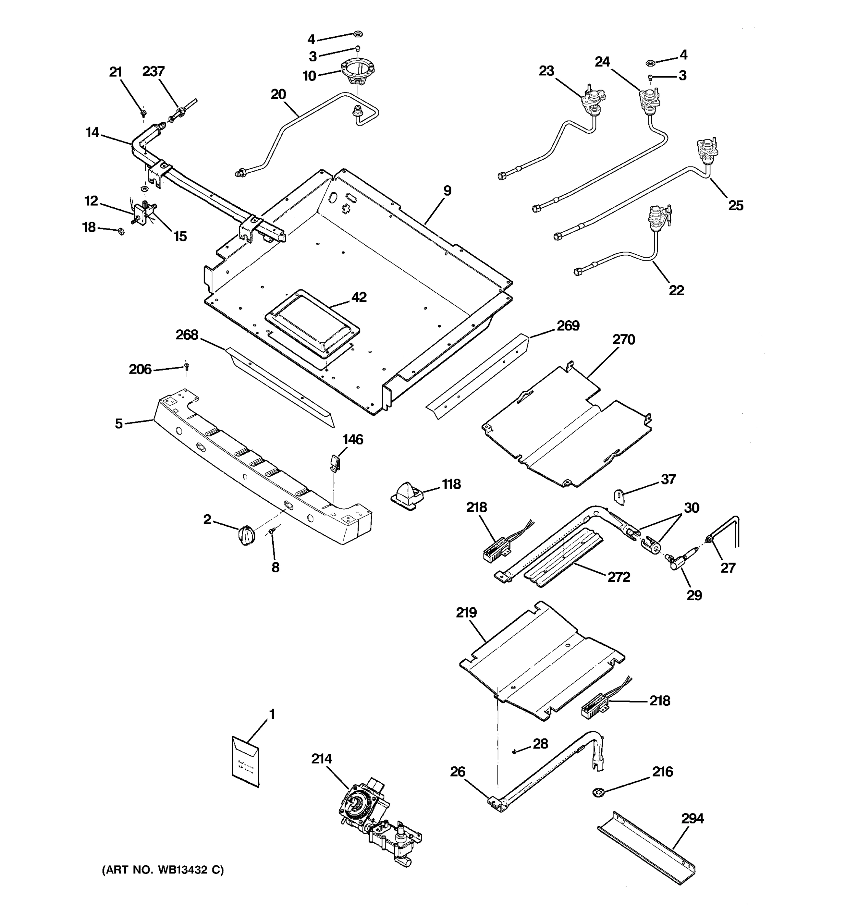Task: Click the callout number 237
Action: tap(153, 72)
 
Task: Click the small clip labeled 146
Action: tap(335, 462)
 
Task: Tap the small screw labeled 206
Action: tap(186, 366)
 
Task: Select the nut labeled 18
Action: tap(119, 231)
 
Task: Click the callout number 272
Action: tap(619, 577)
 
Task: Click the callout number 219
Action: tap(466, 613)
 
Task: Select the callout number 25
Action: tap(736, 205)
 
